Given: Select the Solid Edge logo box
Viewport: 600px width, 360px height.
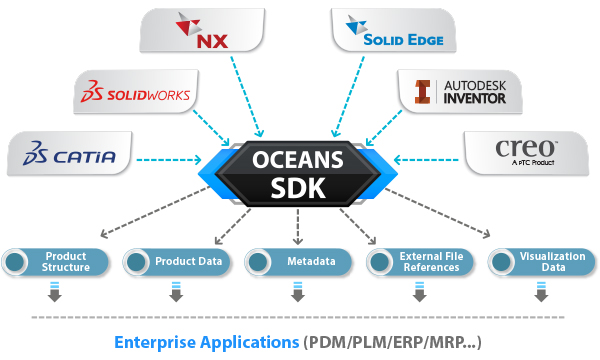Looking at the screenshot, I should coord(394,31).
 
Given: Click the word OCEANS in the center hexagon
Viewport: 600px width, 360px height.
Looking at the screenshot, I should coord(299,159).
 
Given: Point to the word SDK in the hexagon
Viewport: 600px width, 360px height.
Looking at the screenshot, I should coord(299,190).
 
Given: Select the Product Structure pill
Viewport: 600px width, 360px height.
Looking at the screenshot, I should coord(54,263).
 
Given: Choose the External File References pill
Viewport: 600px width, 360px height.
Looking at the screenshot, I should coord(420,263).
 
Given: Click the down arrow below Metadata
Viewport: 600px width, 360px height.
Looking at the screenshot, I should coord(298,293).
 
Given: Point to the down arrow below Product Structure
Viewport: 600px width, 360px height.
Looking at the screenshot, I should coord(54,293).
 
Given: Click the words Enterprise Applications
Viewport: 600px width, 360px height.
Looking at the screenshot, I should coord(206,342).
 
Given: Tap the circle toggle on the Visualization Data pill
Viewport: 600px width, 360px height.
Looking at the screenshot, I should coord(503,263).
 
